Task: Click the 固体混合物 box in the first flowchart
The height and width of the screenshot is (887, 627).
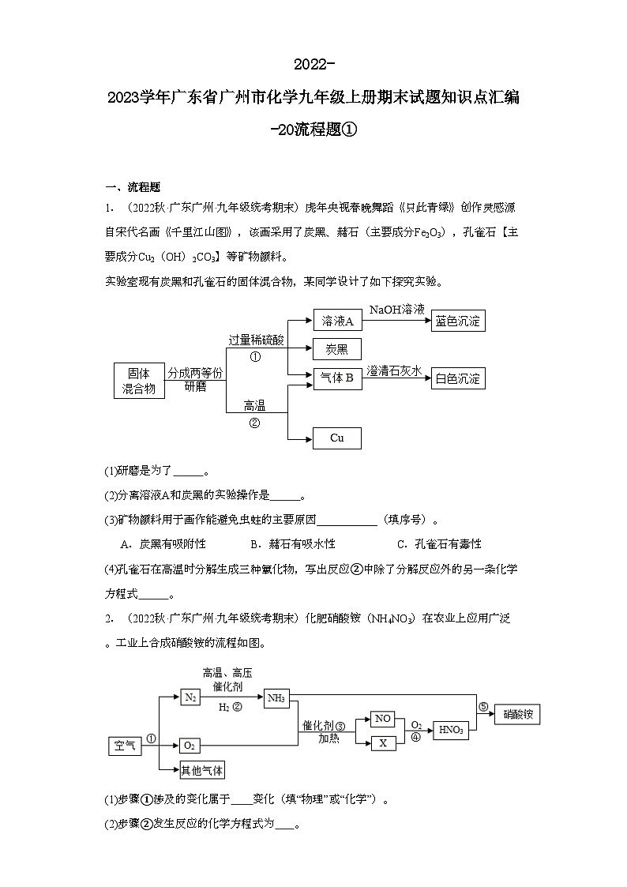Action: click(139, 380)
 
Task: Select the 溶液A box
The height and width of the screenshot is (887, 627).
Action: click(337, 320)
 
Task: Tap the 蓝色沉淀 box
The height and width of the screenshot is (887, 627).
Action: click(458, 320)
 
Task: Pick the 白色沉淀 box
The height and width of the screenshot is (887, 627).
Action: click(458, 378)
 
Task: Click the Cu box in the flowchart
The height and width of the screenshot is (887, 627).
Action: click(337, 438)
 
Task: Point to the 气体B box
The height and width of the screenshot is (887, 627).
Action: click(337, 378)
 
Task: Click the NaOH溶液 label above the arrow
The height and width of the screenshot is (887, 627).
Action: click(396, 310)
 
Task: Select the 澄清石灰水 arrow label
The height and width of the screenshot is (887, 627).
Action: click(396, 370)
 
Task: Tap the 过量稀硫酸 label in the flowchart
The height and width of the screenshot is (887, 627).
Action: click(257, 340)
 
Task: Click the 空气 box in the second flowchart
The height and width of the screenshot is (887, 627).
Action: click(125, 746)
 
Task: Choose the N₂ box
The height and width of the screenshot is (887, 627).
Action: click(190, 697)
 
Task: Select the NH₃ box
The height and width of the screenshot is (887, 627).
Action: click(276, 697)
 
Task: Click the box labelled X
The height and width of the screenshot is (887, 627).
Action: click(383, 742)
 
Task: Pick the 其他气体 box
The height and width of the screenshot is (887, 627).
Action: click(202, 770)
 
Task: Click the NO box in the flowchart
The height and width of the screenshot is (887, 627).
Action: click(383, 719)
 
